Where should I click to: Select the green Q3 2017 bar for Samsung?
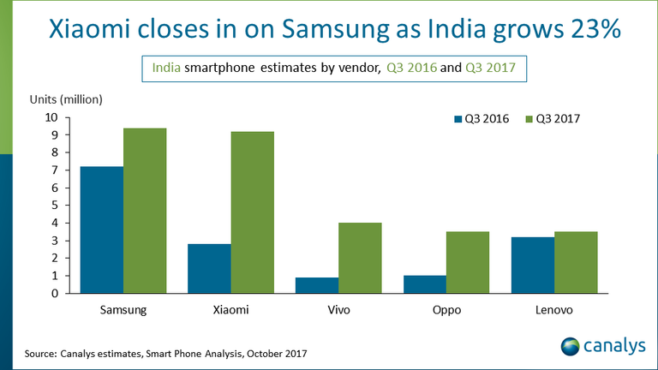point(145,211)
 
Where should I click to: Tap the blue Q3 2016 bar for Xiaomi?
point(209,268)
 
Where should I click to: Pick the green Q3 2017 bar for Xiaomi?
point(253,212)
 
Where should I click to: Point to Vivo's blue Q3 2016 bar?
point(317,285)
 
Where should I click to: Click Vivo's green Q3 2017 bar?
point(361,258)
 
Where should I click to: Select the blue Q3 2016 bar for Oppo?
point(425,284)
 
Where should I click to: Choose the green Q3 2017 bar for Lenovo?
point(577,262)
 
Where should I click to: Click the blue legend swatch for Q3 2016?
point(457,119)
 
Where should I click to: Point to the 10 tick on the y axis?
point(51,117)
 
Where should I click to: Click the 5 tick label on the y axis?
point(54,206)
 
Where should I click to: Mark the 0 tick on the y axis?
point(54,293)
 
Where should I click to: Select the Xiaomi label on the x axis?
point(230,309)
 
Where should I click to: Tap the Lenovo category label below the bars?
point(554,309)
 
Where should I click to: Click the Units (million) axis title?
point(65,98)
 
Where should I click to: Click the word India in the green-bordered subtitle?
point(167,66)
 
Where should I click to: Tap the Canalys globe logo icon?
point(570,347)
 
